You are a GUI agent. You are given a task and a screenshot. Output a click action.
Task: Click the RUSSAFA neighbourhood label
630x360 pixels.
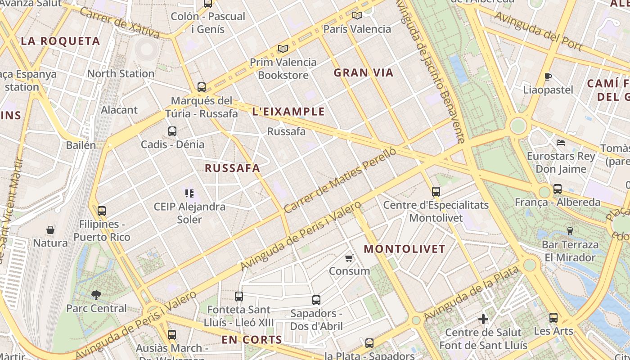[x=232, y=168]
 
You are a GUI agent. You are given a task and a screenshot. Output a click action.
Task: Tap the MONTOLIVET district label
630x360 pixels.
[x=404, y=249]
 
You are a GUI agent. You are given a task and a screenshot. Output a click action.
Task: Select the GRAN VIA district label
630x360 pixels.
[x=364, y=72]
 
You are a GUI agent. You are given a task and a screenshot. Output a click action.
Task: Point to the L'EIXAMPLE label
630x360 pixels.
[x=288, y=112]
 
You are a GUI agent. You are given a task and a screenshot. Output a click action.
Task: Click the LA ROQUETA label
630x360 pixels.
[x=60, y=41]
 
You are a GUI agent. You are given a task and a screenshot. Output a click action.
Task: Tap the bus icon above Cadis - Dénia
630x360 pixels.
[x=172, y=131]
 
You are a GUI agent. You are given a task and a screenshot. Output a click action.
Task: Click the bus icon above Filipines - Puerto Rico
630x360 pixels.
[x=102, y=211]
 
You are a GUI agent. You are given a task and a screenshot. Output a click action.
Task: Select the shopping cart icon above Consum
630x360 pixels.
[x=349, y=258]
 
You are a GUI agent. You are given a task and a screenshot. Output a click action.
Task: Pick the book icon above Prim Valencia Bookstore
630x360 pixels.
[x=283, y=49]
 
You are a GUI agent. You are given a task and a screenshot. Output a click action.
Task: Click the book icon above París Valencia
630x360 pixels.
[x=357, y=16]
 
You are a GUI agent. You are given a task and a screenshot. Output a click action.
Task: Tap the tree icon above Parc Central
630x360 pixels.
[x=96, y=295]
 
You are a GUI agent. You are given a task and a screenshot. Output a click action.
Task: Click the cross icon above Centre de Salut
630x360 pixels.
[x=483, y=319]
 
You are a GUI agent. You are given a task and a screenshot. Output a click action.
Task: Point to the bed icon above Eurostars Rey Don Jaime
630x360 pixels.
[x=561, y=143]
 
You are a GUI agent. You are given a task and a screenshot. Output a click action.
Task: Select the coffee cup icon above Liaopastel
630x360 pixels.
[x=548, y=76]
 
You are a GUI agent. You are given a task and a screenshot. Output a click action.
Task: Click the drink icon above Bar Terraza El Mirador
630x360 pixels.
[x=570, y=231]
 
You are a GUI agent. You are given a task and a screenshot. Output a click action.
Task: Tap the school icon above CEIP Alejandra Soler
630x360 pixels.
[x=189, y=193]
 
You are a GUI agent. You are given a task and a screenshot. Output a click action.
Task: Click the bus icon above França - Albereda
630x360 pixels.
[x=558, y=189]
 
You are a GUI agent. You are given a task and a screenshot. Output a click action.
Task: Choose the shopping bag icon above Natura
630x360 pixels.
[x=50, y=230]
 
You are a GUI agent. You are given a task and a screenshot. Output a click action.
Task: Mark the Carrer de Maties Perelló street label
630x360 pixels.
[x=340, y=180]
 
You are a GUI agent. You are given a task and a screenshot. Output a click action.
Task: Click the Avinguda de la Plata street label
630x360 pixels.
[x=472, y=293]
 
